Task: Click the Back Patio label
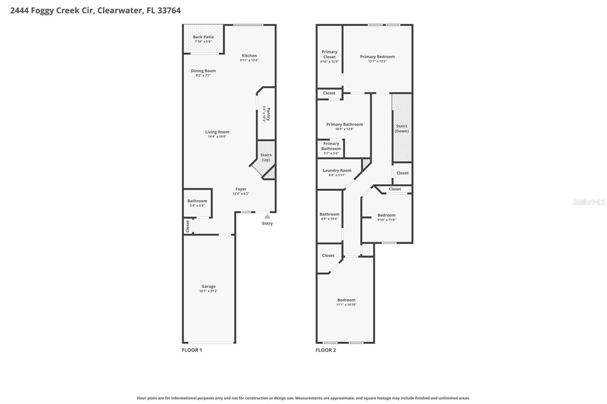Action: click(203, 37)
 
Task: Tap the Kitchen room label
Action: click(249, 56)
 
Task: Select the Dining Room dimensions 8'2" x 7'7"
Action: click(203, 75)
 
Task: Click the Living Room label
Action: click(217, 132)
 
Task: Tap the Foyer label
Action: click(241, 189)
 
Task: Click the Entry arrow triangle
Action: click(267, 216)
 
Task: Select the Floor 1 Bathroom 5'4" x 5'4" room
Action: click(197, 203)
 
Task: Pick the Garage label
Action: click(209, 287)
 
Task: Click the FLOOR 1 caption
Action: click(192, 350)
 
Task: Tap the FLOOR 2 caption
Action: click(326, 350)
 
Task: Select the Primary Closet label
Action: click(329, 54)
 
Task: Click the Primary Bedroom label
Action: click(377, 57)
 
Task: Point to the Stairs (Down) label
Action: click(402, 128)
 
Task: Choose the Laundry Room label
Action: click(337, 171)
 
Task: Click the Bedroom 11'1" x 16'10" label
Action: click(346, 300)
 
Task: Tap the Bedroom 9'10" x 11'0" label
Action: click(387, 215)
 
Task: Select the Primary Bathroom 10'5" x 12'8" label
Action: click(344, 124)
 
